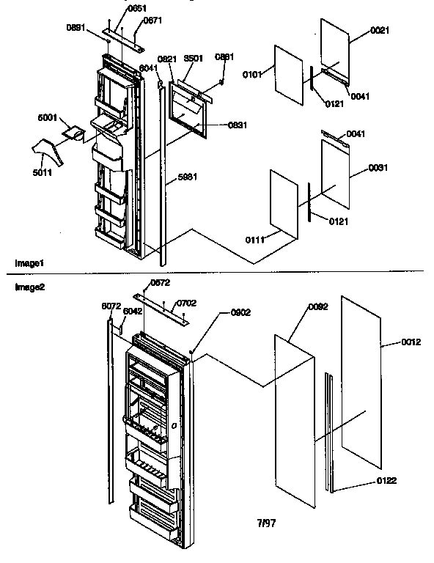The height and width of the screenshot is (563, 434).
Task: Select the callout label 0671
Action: click(152, 21)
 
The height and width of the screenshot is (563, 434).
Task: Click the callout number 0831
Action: click(218, 125)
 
